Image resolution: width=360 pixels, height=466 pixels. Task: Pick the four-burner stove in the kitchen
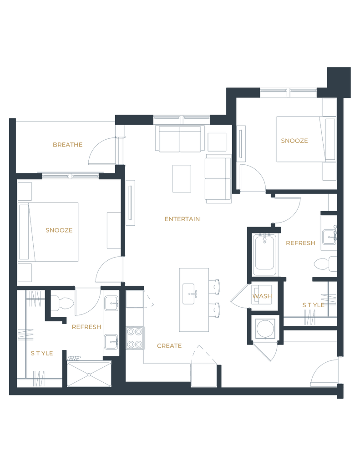click(x=134, y=338)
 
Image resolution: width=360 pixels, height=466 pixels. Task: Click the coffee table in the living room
click(x=182, y=179)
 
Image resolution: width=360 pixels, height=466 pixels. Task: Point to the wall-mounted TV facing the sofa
click(x=131, y=203)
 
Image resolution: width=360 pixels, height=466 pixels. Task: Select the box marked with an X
click(x=89, y=374)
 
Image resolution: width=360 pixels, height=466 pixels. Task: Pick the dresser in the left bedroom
click(x=113, y=230)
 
